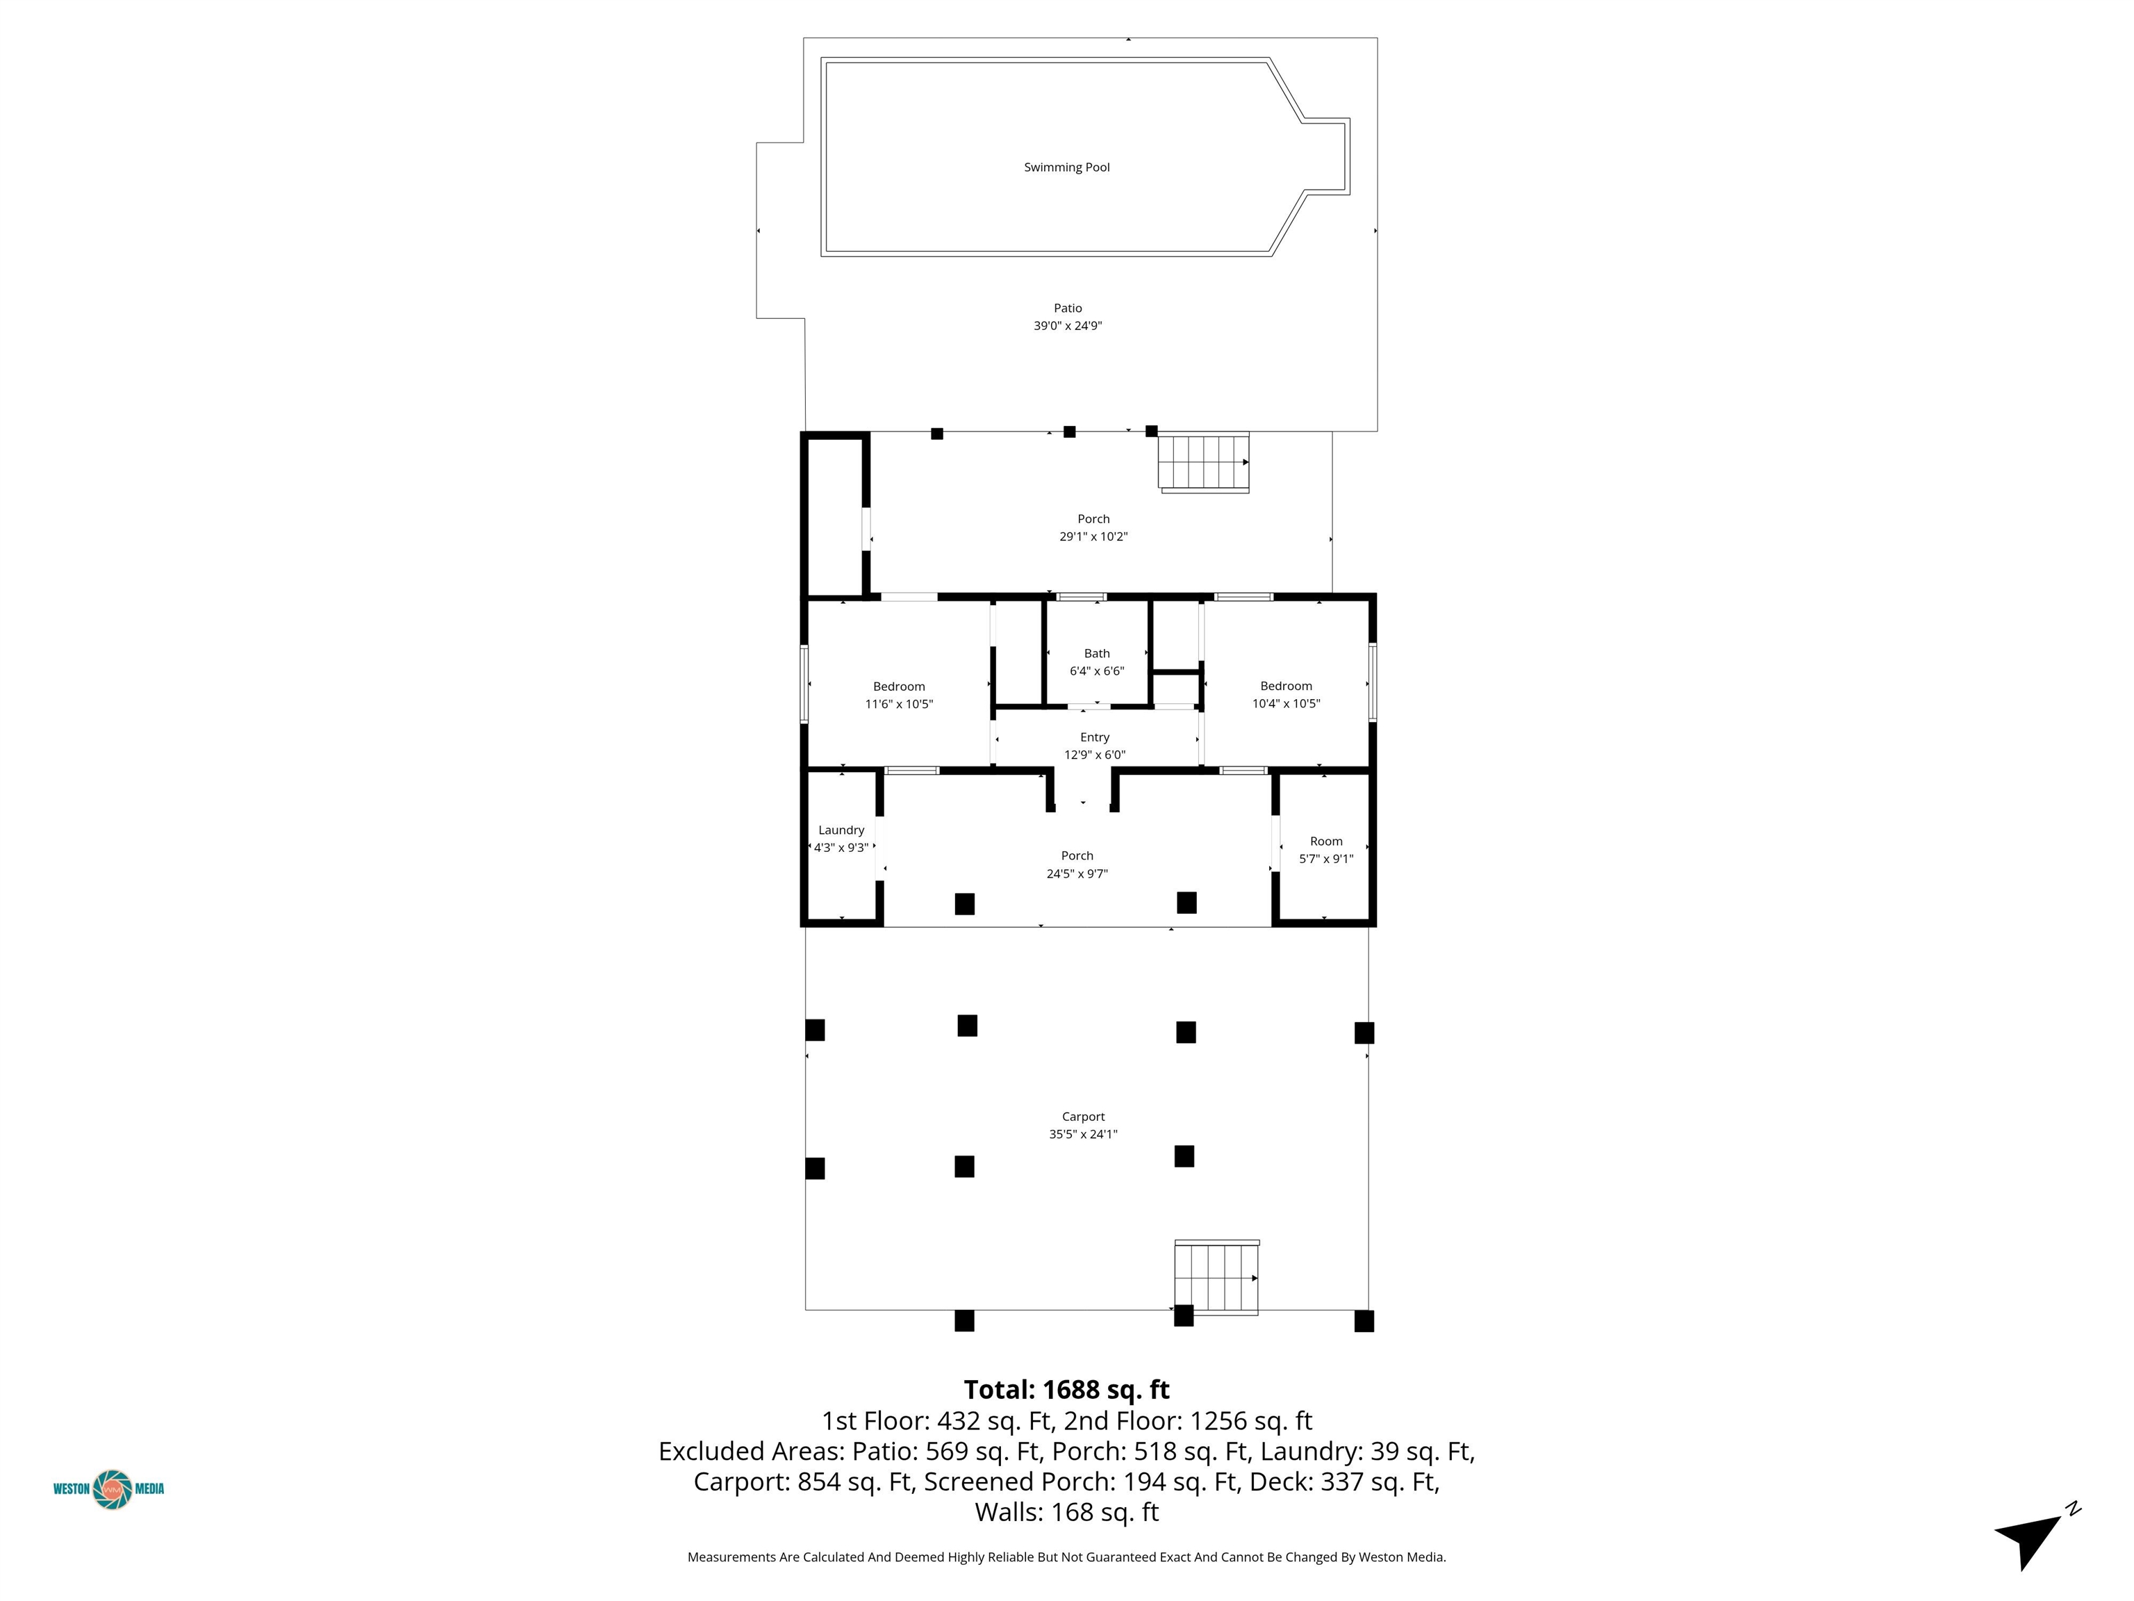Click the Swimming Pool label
pos(1066,167)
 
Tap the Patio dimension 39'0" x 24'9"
pos(1067,326)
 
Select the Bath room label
pos(1097,653)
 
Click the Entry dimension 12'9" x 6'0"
pos(1095,755)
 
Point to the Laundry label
pos(841,830)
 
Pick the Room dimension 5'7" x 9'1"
pos(1327,859)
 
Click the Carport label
pos(1084,1117)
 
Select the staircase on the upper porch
pos(1204,462)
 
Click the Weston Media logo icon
pos(113,1489)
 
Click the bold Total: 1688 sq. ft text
pos(1066,1390)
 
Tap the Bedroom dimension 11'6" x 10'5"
pos(899,705)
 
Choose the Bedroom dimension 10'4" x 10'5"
pos(1286,703)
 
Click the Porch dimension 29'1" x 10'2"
pos(1094,536)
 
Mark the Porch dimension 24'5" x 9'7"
pos(1077,874)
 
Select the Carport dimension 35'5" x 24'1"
pos(1084,1135)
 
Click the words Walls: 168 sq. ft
pos(1067,1512)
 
